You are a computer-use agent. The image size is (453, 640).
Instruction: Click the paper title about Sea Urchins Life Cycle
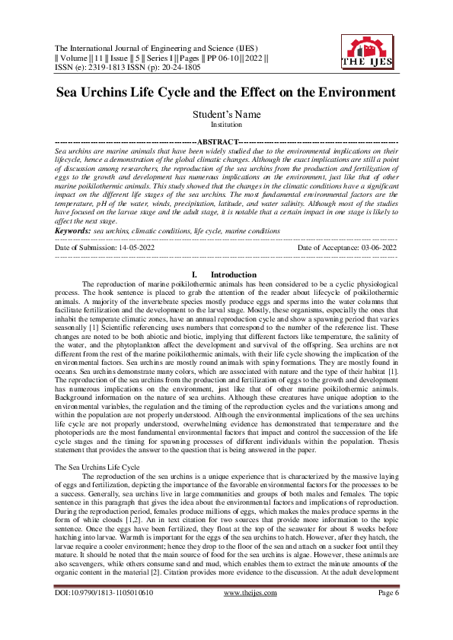coord(226,92)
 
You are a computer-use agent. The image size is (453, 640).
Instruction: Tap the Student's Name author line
coord(226,114)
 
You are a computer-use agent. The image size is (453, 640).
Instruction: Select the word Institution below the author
coord(226,123)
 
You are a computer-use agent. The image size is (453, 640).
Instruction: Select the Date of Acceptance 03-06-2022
coord(347,247)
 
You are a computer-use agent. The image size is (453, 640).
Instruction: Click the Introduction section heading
coord(234,274)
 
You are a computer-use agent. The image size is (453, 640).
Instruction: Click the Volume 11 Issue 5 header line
coord(161,57)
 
